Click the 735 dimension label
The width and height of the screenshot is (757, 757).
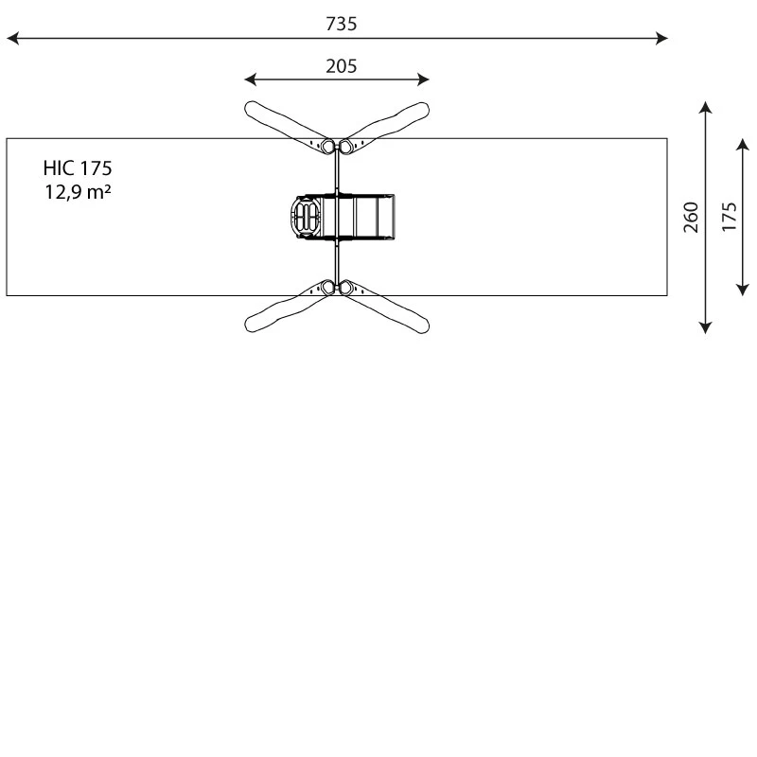[x=342, y=24]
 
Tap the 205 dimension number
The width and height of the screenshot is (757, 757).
[x=342, y=66]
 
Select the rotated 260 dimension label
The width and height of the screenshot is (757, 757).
[x=691, y=218]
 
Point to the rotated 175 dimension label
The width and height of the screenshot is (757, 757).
[x=729, y=218]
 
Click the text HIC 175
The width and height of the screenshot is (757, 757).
[x=78, y=168]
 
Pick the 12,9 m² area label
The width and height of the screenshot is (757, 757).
[x=78, y=192]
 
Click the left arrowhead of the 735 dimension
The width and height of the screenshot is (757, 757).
[x=12, y=38]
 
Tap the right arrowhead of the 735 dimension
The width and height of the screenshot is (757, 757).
[x=661, y=38]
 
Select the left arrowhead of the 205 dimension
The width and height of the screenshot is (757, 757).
[x=251, y=79]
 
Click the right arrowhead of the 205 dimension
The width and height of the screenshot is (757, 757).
[x=423, y=79]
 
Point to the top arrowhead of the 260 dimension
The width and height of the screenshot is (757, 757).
[x=705, y=107]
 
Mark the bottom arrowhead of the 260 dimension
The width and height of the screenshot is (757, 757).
[x=705, y=327]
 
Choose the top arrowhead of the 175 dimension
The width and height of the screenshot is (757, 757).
[x=743, y=144]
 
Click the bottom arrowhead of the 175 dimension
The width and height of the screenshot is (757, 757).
[x=743, y=290]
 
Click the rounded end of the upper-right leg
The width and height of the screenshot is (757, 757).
[x=422, y=109]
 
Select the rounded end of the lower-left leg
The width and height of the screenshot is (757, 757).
[x=252, y=325]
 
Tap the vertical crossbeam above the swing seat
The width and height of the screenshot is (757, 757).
[x=337, y=171]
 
